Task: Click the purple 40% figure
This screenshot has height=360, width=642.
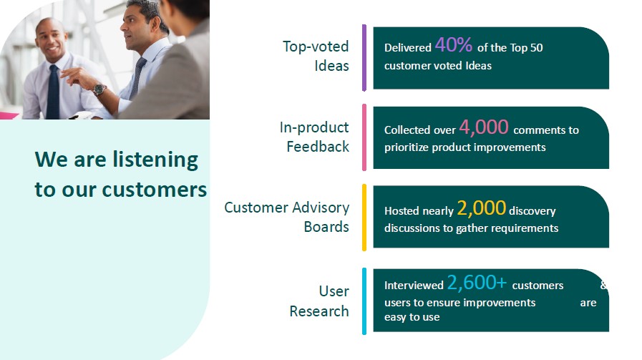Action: pyautogui.click(x=453, y=44)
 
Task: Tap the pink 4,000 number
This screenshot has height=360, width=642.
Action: pyautogui.click(x=484, y=127)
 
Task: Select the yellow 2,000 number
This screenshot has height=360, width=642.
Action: pyautogui.click(x=481, y=208)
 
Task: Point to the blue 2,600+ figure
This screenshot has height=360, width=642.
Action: pyautogui.click(x=477, y=283)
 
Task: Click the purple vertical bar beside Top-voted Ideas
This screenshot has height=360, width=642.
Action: pyautogui.click(x=364, y=58)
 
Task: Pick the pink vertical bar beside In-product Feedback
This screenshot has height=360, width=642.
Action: pyautogui.click(x=364, y=137)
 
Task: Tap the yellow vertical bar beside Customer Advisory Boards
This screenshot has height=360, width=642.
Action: pyautogui.click(x=364, y=218)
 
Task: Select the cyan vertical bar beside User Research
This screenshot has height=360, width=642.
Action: pyautogui.click(x=364, y=301)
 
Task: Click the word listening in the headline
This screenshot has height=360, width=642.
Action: pyautogui.click(x=155, y=160)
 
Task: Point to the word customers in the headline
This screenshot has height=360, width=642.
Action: pyautogui.click(x=155, y=190)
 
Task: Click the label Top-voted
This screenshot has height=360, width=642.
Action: pyautogui.click(x=316, y=47)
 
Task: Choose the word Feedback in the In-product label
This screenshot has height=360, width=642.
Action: pyautogui.click(x=318, y=147)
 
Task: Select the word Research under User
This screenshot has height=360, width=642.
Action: pyautogui.click(x=319, y=311)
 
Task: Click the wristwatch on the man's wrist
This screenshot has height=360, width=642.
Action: pyautogui.click(x=99, y=89)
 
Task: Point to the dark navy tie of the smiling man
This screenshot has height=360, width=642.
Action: pyautogui.click(x=53, y=92)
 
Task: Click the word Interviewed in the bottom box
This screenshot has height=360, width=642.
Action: pyautogui.click(x=414, y=286)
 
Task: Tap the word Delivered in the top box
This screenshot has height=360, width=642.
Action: pyautogui.click(x=408, y=48)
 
